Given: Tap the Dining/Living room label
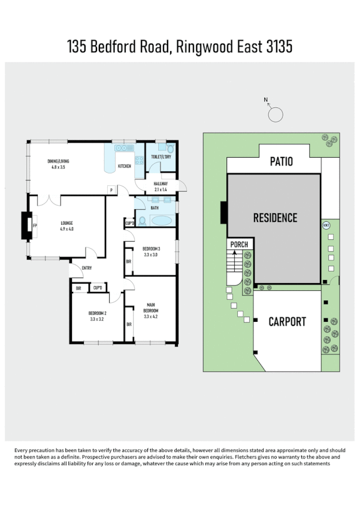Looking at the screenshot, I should [x=61, y=164].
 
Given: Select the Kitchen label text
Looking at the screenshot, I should [x=124, y=166].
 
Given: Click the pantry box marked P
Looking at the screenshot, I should [x=111, y=190].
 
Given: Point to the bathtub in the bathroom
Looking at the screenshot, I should [x=160, y=221].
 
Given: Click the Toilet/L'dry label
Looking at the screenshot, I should [x=161, y=156].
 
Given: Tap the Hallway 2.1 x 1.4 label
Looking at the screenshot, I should [x=161, y=186].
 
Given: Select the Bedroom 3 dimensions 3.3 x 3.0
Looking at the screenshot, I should [x=151, y=254].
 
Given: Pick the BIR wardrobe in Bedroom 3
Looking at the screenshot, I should [x=129, y=262].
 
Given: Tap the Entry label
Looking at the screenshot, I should [x=87, y=268].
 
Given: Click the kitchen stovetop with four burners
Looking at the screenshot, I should [x=139, y=159].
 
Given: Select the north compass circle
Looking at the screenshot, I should [x=276, y=114].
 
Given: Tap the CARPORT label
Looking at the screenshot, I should [x=287, y=321].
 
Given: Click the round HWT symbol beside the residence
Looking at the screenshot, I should [x=326, y=225].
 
